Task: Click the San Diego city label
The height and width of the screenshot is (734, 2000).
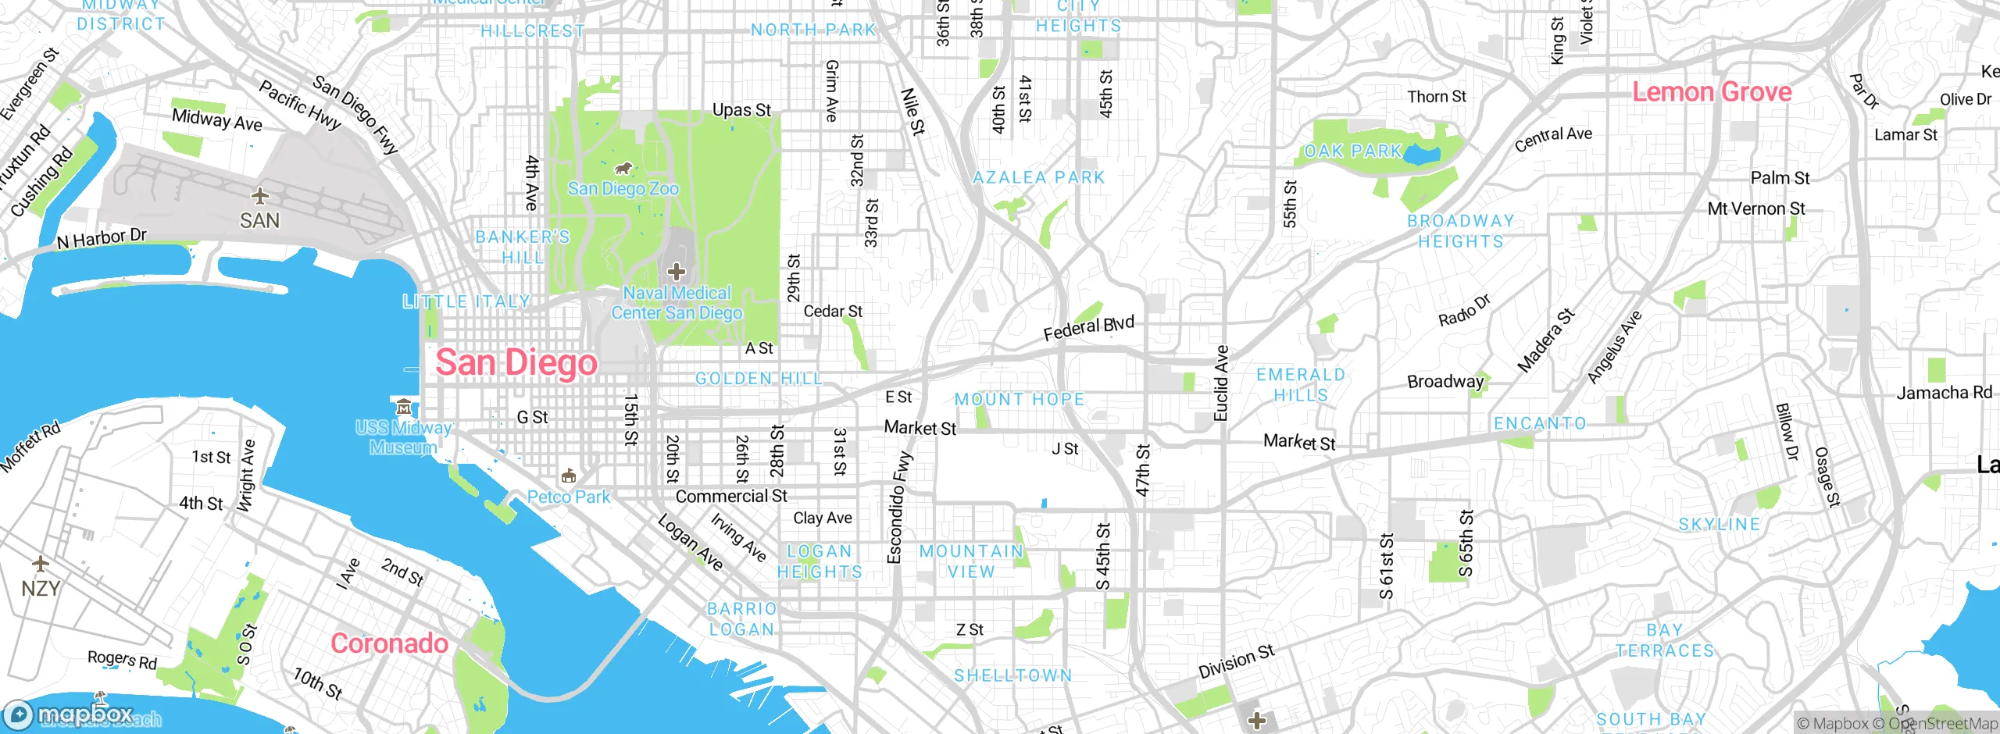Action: pyautogui.click(x=516, y=363)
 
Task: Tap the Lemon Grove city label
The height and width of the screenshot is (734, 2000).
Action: pyautogui.click(x=1712, y=92)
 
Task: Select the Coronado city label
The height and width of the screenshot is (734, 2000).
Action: pyautogui.click(x=389, y=643)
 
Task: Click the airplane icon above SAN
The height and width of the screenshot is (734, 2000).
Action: pyautogui.click(x=260, y=196)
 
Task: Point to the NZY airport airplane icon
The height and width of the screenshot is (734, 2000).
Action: pyautogui.click(x=41, y=564)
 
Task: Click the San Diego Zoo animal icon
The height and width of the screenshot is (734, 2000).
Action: pyautogui.click(x=623, y=168)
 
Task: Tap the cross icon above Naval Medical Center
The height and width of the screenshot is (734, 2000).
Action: pyautogui.click(x=677, y=272)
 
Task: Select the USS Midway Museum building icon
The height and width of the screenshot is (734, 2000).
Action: pyautogui.click(x=403, y=408)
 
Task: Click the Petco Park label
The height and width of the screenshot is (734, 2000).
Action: pyautogui.click(x=568, y=497)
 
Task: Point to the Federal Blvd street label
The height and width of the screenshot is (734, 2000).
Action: pyautogui.click(x=1088, y=328)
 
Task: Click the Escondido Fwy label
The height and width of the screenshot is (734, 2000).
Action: pyautogui.click(x=898, y=507)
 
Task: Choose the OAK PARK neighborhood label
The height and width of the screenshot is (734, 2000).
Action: pyautogui.click(x=1353, y=151)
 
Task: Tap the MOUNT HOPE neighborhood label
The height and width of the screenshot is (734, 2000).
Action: pyautogui.click(x=1020, y=399)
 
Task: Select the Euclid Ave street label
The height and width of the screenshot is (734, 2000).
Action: pyautogui.click(x=1221, y=383)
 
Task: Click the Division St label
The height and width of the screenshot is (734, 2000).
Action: pyautogui.click(x=1236, y=661)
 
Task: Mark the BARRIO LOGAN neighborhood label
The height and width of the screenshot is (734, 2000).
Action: pyautogui.click(x=741, y=619)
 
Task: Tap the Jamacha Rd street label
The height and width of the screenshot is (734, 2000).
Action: pyautogui.click(x=1944, y=392)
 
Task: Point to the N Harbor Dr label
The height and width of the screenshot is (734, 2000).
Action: pyautogui.click(x=102, y=239)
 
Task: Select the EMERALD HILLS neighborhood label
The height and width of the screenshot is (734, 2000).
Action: pyautogui.click(x=1301, y=385)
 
